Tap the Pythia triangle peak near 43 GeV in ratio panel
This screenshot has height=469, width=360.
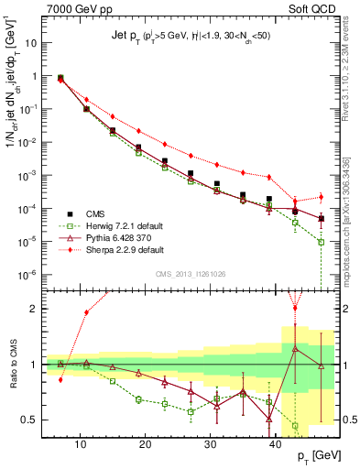tap(295, 348)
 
